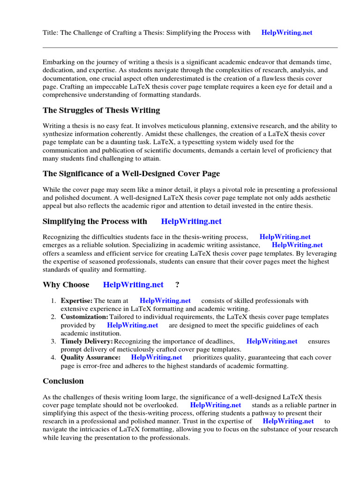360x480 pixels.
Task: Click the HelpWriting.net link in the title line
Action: point(286,33)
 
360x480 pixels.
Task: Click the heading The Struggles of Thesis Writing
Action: point(101,111)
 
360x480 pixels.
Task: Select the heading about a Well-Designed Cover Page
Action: point(131,174)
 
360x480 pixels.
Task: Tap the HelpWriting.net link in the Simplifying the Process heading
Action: point(191,221)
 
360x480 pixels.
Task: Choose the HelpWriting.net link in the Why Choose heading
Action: point(133,285)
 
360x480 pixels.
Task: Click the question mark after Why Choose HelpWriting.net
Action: point(177,285)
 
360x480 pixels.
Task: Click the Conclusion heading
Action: point(63,381)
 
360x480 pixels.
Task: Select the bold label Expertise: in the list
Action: point(76,301)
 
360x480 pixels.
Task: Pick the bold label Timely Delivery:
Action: point(86,342)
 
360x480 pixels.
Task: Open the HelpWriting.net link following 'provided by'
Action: point(133,325)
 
